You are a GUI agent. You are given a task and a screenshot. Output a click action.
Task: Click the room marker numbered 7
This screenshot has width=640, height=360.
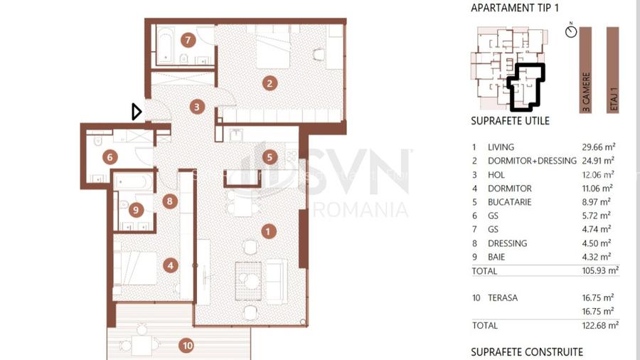(188, 40)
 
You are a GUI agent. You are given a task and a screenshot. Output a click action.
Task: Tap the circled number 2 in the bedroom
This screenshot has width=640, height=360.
(270, 83)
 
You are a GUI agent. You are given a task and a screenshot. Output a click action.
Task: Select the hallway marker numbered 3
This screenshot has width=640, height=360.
(197, 107)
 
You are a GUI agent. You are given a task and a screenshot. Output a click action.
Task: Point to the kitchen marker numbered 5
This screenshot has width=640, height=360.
(270, 157)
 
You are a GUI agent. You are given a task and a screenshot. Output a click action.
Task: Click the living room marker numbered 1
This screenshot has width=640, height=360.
(268, 231)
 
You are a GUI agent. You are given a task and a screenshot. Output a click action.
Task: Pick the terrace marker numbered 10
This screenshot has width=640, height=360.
(187, 346)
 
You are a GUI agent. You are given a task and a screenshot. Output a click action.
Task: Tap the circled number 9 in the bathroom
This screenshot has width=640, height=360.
(136, 210)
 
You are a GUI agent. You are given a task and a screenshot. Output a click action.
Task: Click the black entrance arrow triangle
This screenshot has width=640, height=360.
(137, 112)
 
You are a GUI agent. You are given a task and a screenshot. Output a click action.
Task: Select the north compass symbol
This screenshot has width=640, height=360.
(571, 31)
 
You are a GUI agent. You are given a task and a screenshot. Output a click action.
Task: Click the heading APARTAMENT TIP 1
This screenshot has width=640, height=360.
(515, 8)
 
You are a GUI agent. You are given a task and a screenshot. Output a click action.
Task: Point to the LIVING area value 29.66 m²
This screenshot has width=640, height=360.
(598, 147)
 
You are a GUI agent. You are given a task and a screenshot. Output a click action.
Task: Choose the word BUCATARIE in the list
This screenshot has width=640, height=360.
(509, 202)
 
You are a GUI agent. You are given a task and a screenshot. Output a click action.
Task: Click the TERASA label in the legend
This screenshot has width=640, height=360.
(503, 298)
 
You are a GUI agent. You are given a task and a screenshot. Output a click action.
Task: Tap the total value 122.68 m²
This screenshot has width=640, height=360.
(600, 325)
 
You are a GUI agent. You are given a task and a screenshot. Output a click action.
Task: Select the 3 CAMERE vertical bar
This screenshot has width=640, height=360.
(585, 70)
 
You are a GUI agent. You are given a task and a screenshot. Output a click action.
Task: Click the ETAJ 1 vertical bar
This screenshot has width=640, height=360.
(613, 70)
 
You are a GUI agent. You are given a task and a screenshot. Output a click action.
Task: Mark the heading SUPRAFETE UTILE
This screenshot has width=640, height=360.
(510, 121)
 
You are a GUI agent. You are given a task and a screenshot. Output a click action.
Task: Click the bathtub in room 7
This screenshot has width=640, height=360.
(165, 46)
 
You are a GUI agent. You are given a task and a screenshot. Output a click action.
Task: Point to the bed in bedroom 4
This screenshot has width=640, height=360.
(134, 268)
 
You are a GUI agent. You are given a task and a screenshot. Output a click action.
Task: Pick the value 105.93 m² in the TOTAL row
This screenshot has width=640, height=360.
(600, 270)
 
